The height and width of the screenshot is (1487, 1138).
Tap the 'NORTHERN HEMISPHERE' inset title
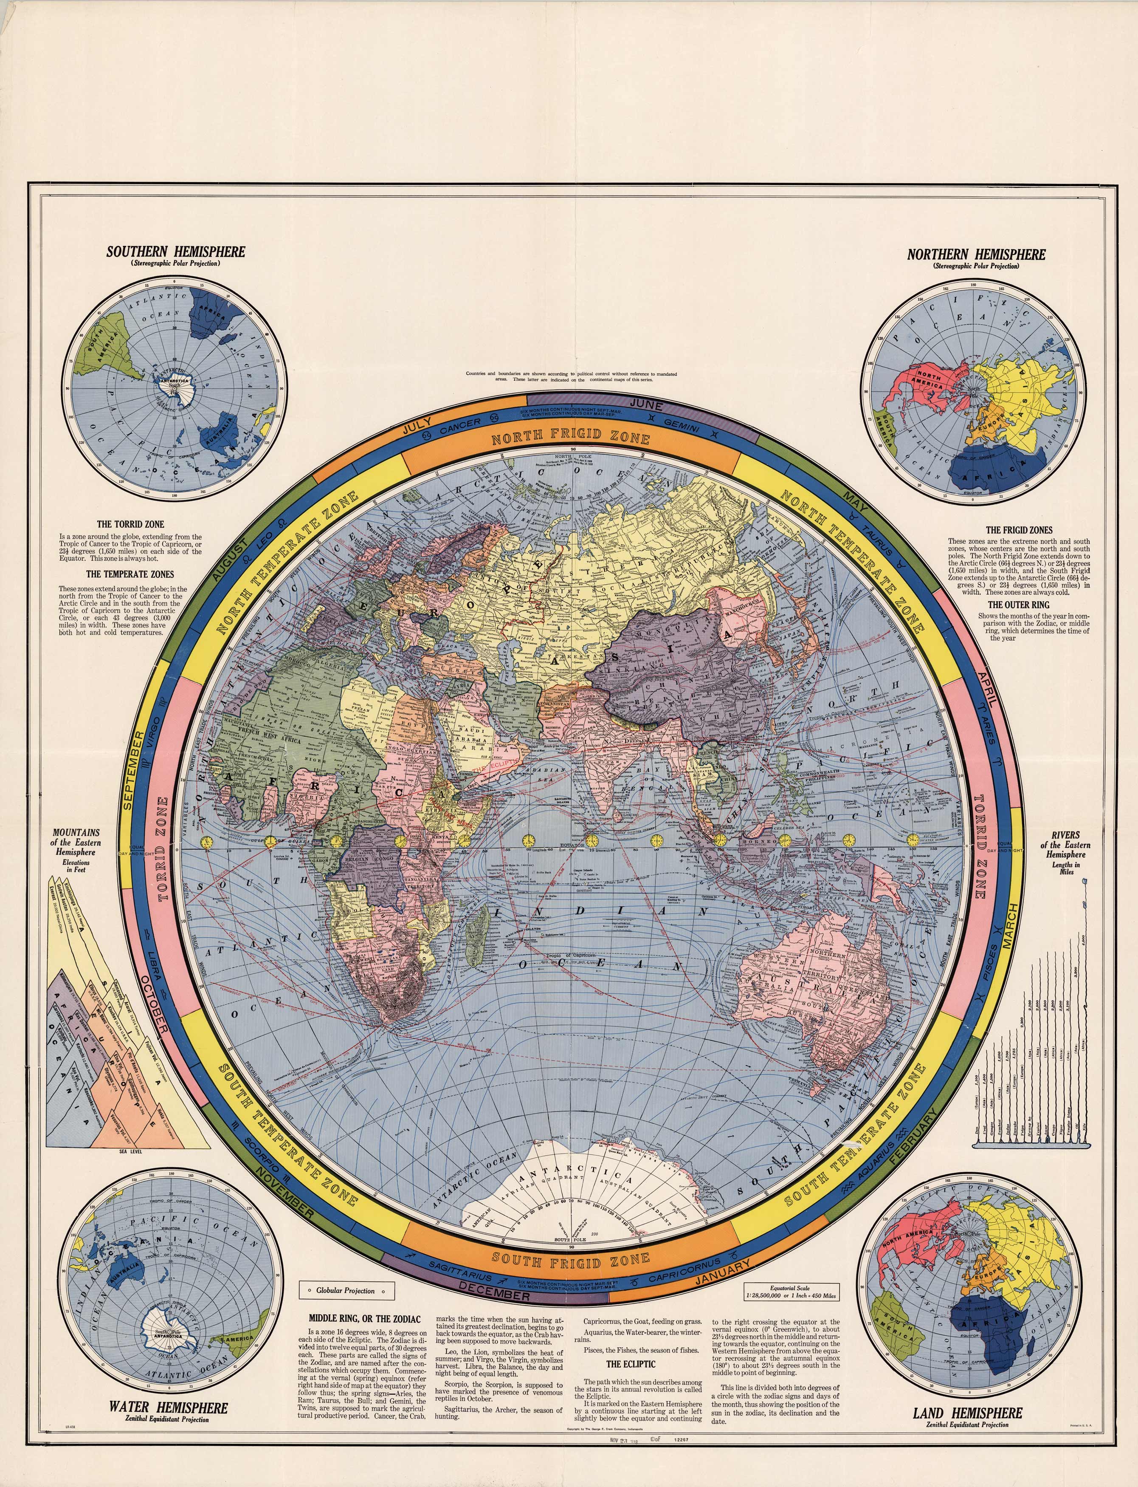pos(976,255)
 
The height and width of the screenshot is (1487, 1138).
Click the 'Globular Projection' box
pos(346,1290)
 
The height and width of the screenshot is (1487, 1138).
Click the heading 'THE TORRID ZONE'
pos(130,524)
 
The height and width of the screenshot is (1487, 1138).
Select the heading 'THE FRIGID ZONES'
pos(1019,530)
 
